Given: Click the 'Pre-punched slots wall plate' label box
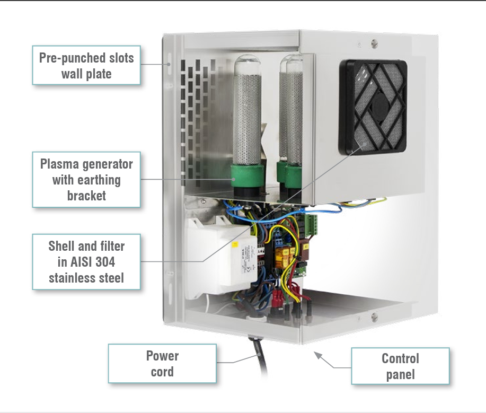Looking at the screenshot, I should tap(86, 65).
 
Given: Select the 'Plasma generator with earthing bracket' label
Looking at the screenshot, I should tap(86, 180).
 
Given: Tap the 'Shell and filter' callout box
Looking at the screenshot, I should tap(86, 262).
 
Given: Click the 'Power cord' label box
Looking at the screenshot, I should tap(162, 364).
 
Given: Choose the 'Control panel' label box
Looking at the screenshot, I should tap(400, 366).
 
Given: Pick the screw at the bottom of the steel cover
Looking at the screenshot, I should tap(374, 317).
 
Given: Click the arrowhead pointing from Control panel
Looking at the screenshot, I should tap(317, 354).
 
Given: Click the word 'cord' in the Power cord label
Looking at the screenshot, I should tap(162, 372).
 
